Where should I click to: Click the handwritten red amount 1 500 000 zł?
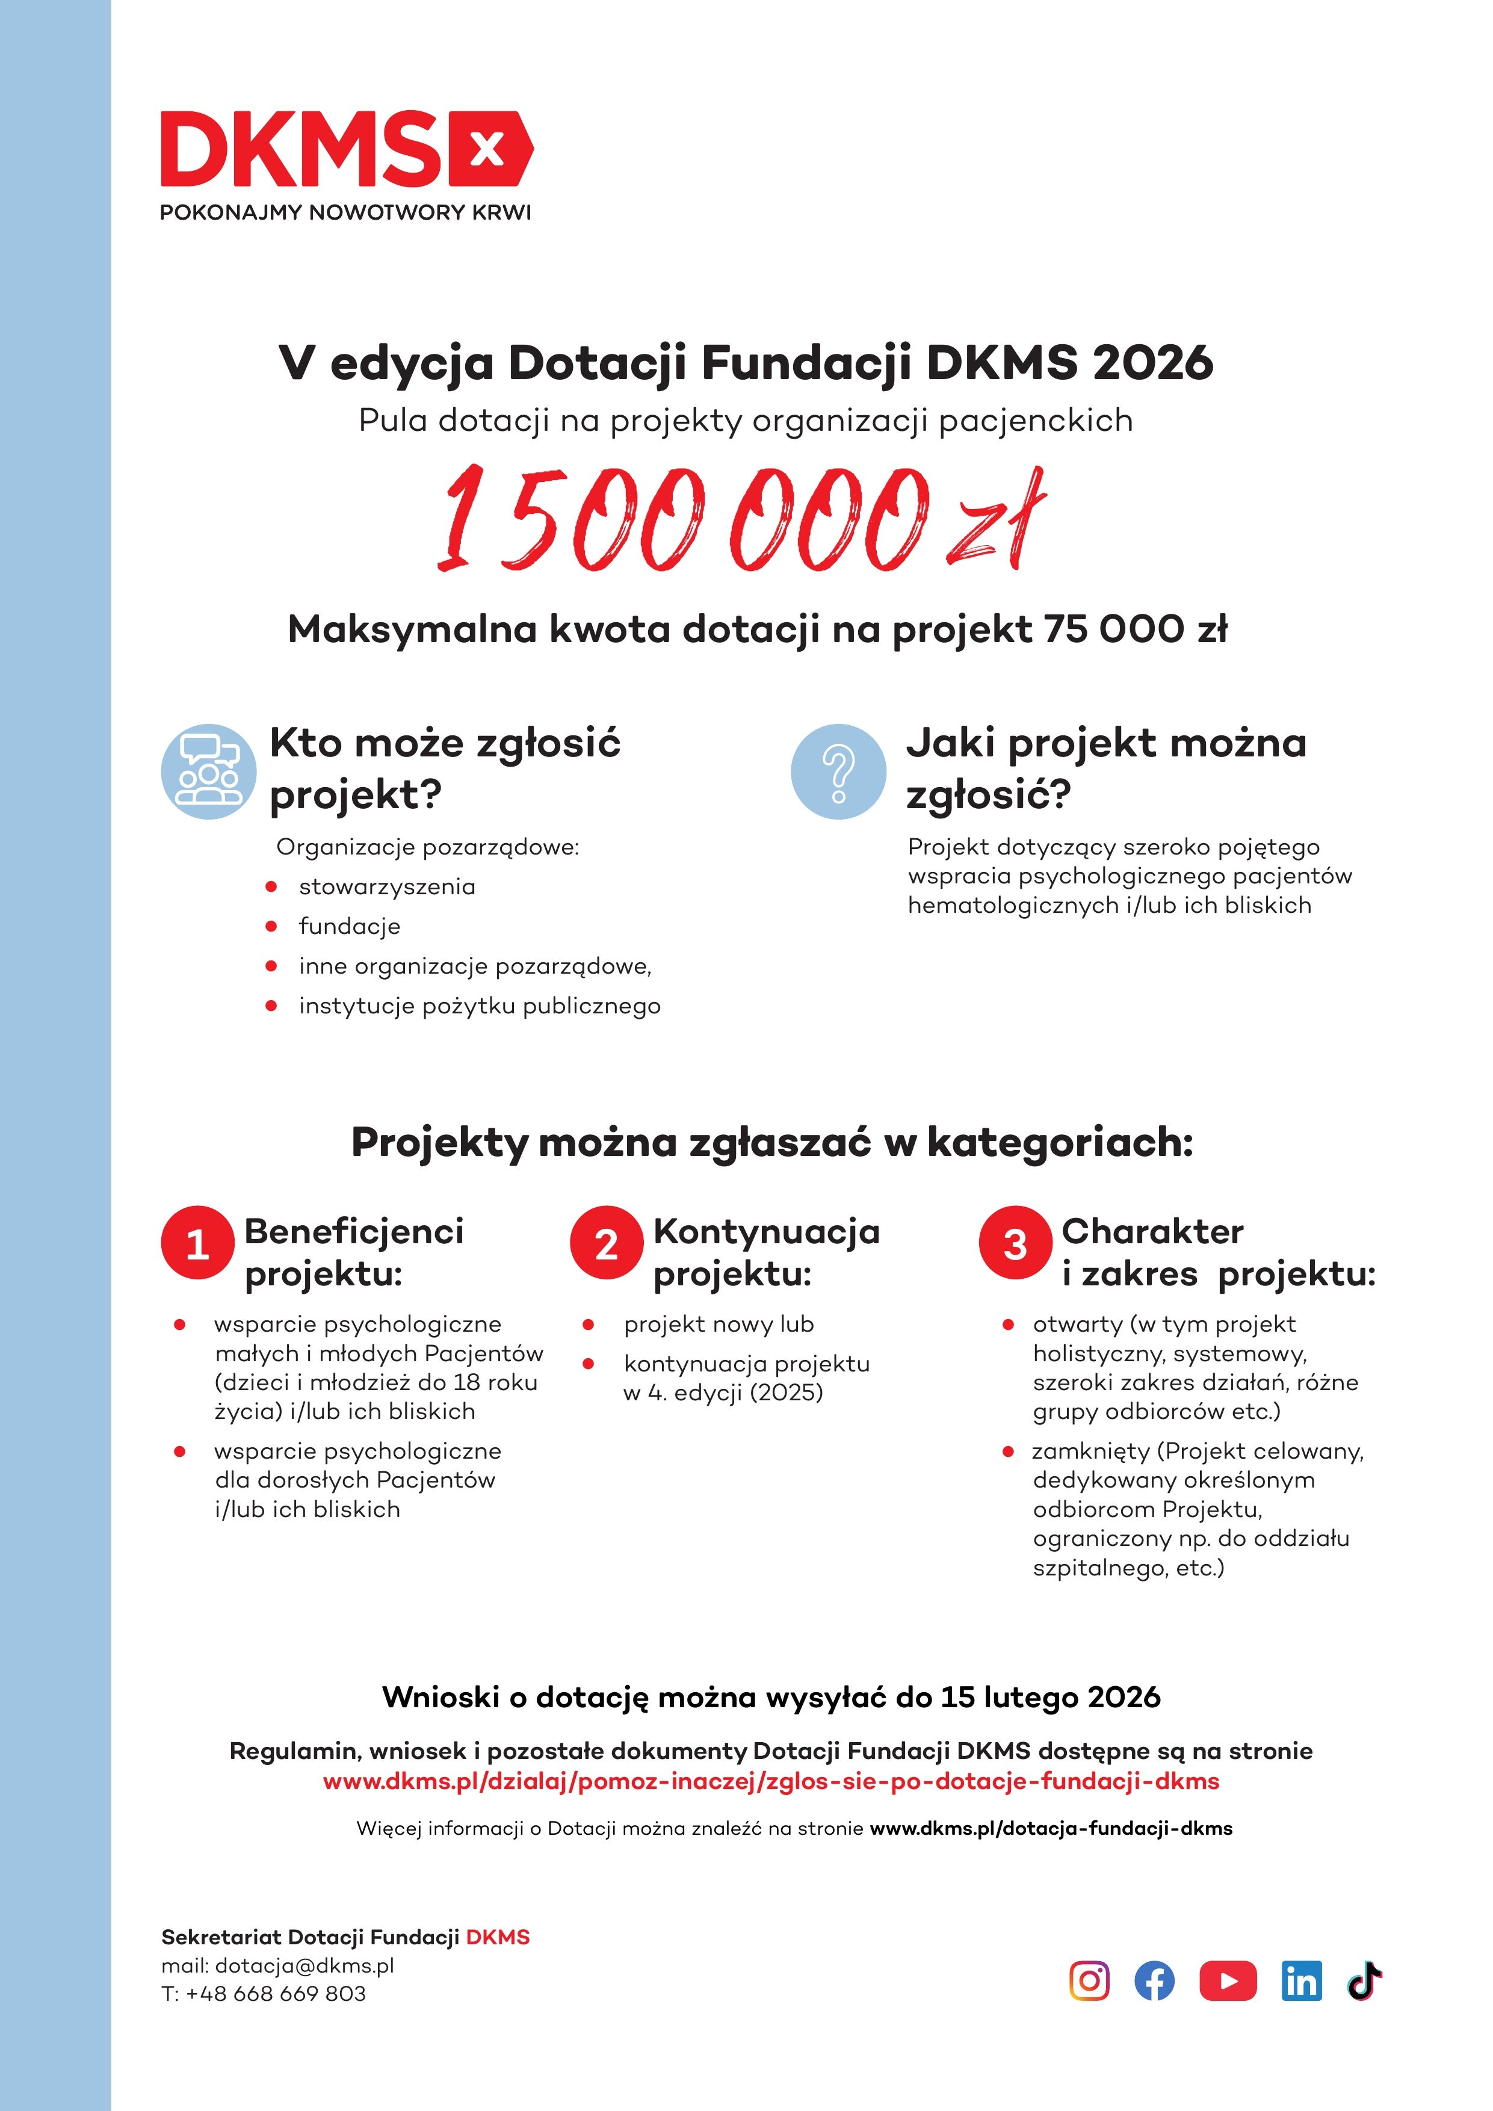tap(741, 519)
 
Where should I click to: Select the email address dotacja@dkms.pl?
tap(304, 1966)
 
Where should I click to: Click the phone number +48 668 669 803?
tap(276, 1993)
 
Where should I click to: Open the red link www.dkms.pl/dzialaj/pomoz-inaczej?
tap(770, 1782)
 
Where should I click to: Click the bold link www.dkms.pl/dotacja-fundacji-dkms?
tap(1051, 1828)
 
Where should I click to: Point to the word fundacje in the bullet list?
tap(350, 926)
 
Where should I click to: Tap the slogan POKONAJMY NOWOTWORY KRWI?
tap(345, 212)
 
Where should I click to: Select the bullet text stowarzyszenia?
tap(387, 886)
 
